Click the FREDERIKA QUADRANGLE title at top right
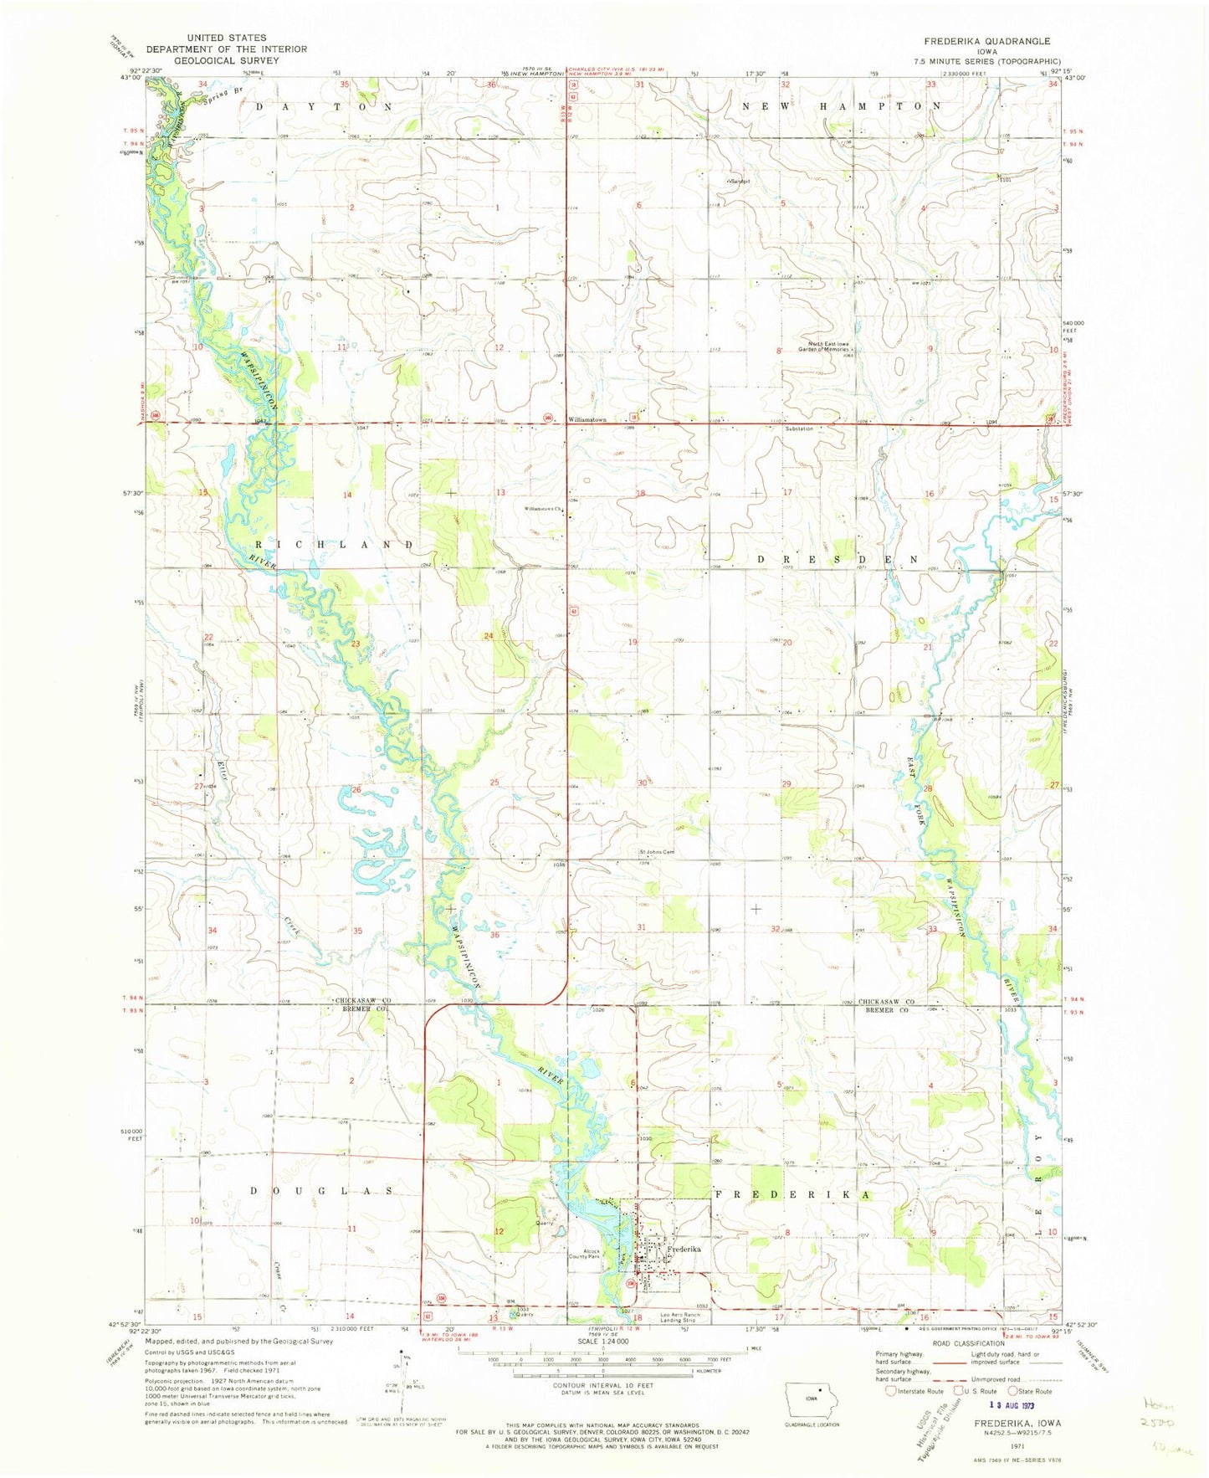[x=975, y=41]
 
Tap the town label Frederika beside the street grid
[x=684, y=1248]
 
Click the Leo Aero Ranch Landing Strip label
[x=678, y=1318]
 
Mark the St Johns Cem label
[x=657, y=853]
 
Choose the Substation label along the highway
[x=799, y=429]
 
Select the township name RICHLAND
[x=333, y=545]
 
